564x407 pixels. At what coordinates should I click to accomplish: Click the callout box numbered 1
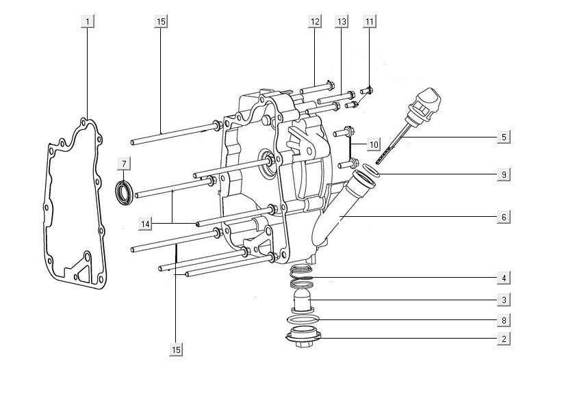tap(88, 21)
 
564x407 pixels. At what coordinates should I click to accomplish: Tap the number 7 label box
tap(124, 164)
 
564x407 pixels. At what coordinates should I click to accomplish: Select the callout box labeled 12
tap(315, 21)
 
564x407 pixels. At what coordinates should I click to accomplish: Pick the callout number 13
tap(342, 21)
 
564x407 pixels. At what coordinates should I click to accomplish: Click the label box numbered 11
tap(370, 21)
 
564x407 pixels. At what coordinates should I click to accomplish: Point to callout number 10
tap(374, 144)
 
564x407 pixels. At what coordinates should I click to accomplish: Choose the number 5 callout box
tap(504, 137)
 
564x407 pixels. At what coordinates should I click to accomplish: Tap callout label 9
tap(504, 174)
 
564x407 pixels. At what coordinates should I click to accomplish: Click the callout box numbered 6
tap(504, 217)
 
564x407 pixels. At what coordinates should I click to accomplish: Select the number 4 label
tap(504, 278)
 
